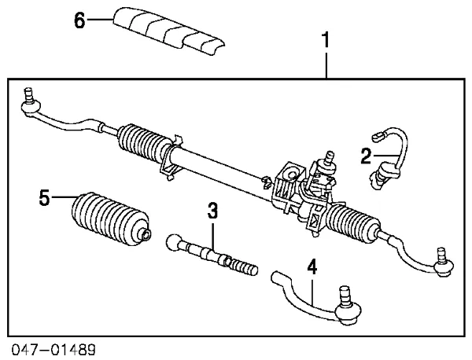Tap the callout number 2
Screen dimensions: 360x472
point(365,156)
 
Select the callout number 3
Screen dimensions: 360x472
point(212,210)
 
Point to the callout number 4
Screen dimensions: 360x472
point(312,267)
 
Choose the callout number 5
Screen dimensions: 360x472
point(45,197)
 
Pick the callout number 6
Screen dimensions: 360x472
point(79,20)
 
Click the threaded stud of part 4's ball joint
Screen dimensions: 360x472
point(344,296)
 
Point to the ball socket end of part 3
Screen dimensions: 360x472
point(173,242)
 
